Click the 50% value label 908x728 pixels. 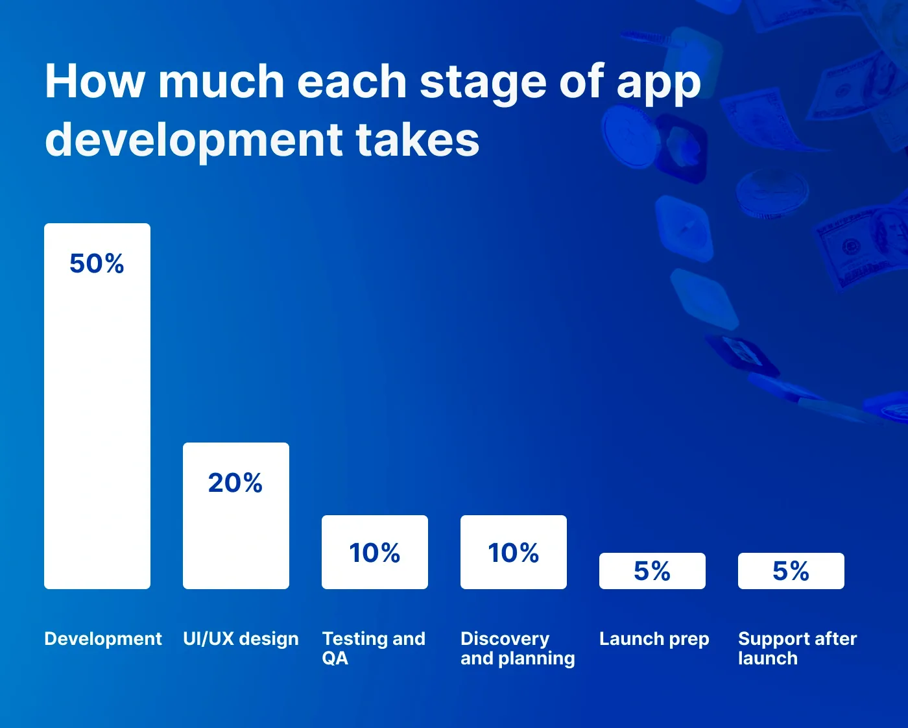point(97,263)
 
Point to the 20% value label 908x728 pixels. point(235,483)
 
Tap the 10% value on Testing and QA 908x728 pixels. point(375,553)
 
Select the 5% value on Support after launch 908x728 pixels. point(791,571)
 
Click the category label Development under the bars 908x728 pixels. point(102,639)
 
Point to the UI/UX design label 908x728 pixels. point(241,639)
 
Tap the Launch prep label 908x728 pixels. point(654,639)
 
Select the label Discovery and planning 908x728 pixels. point(518,648)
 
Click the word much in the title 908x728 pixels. point(221,82)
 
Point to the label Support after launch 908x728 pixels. point(797,648)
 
